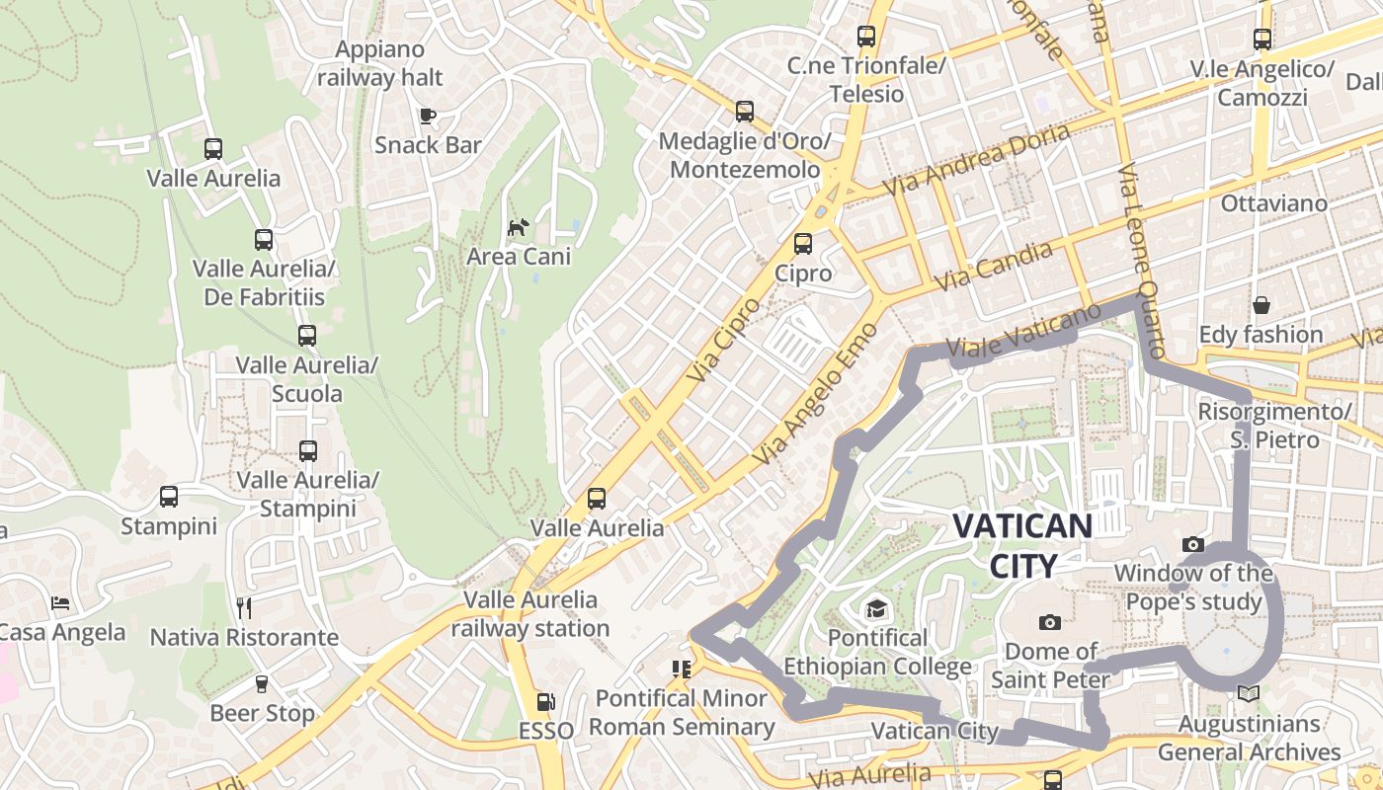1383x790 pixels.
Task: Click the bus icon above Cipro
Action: click(x=803, y=243)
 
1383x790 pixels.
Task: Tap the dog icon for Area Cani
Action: click(x=518, y=228)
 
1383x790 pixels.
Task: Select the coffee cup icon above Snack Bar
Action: click(x=428, y=116)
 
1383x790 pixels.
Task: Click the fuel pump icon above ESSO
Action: click(x=545, y=702)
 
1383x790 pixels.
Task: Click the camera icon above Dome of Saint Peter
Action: click(x=1050, y=622)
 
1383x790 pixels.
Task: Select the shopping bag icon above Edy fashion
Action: click(x=1261, y=305)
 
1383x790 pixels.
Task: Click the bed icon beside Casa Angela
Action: click(x=60, y=602)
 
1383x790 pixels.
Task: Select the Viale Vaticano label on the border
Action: click(x=1022, y=331)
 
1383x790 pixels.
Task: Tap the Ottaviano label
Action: click(x=1274, y=203)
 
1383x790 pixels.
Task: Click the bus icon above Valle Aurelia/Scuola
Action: click(x=307, y=336)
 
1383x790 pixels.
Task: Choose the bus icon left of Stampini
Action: click(x=169, y=497)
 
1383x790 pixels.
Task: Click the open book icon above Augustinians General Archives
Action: click(x=1249, y=694)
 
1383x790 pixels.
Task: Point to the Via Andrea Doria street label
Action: click(x=976, y=159)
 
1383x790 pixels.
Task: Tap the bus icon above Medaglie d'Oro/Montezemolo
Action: click(x=745, y=112)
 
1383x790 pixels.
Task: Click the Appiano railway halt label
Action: click(x=380, y=63)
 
